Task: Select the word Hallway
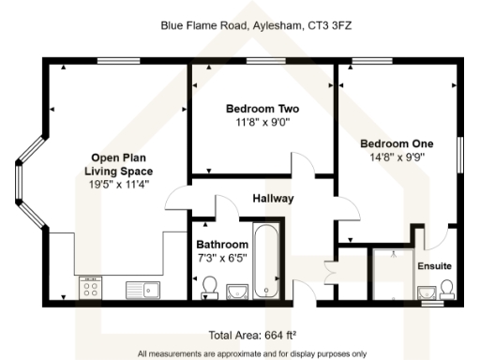(x=274, y=199)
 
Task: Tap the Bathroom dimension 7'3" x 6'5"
(x=221, y=257)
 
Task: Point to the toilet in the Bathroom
(x=208, y=285)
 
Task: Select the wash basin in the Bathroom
(x=235, y=292)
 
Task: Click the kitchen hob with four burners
(x=91, y=287)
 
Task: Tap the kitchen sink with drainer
(x=145, y=288)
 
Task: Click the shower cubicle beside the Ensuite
(x=393, y=273)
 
